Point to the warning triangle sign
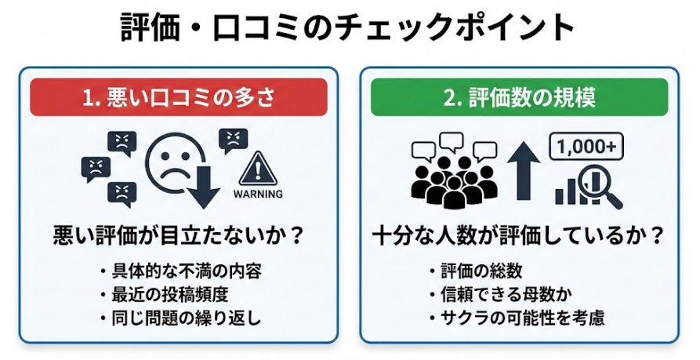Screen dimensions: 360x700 pyautogui.click(x=258, y=167)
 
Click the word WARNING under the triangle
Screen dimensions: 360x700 pyautogui.click(x=258, y=191)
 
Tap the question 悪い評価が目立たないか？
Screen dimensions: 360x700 pyautogui.click(x=179, y=235)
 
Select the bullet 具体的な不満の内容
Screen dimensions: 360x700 pyautogui.click(x=183, y=271)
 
